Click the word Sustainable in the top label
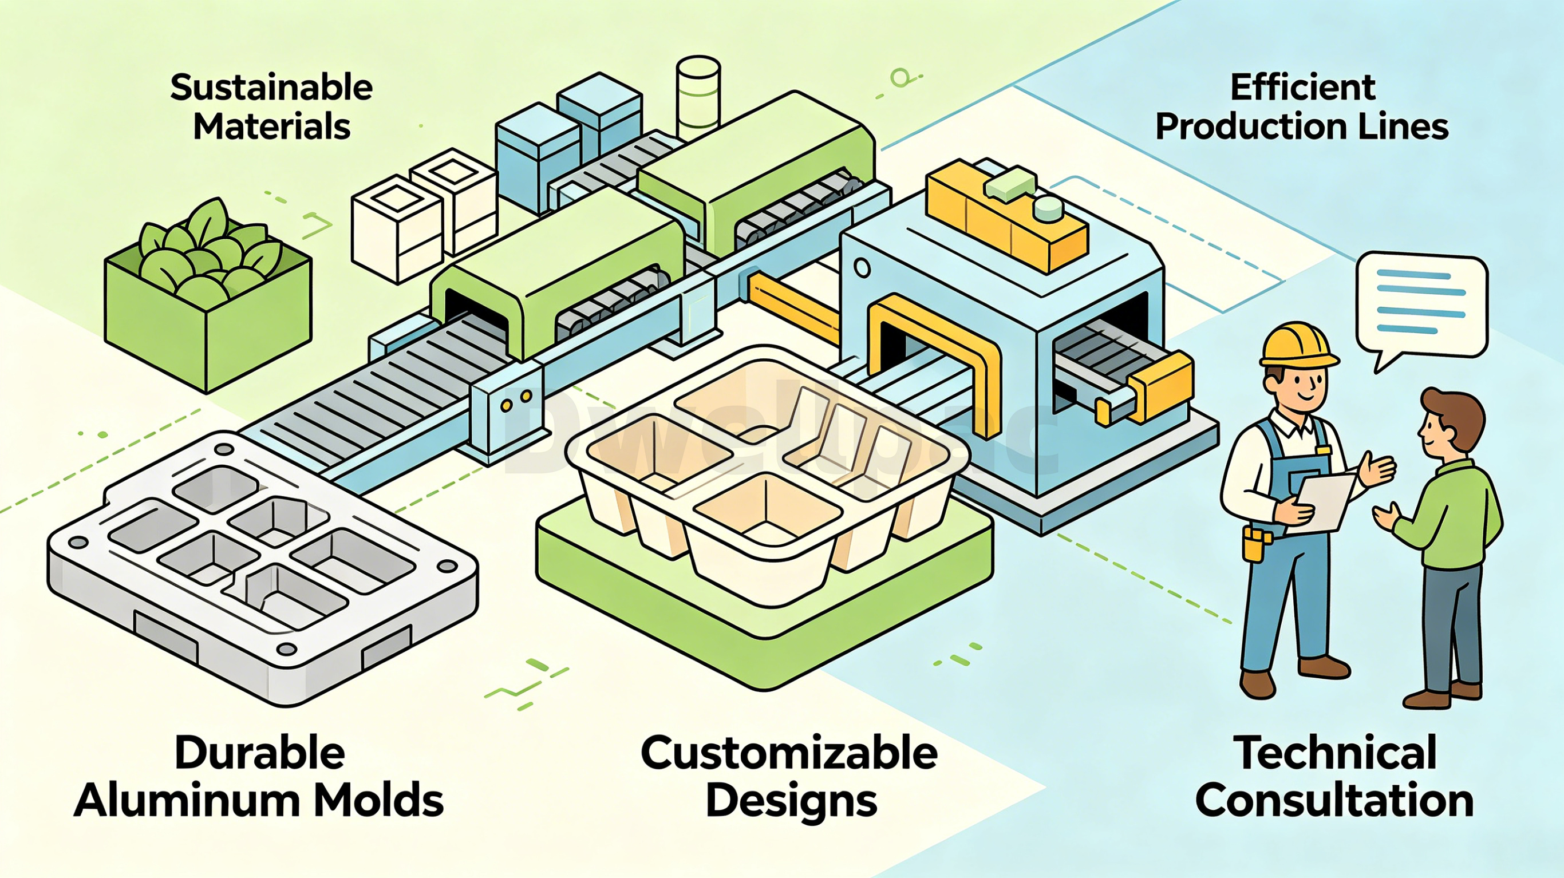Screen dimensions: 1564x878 pyautogui.click(x=271, y=88)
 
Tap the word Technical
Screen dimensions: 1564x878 pyautogui.click(x=1336, y=753)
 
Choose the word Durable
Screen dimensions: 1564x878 pyautogui.click(x=260, y=753)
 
